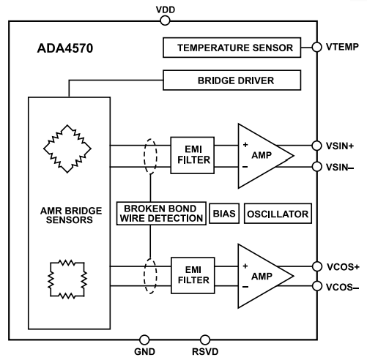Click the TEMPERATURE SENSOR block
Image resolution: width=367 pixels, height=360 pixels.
click(x=229, y=49)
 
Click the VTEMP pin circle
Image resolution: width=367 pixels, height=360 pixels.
click(x=316, y=48)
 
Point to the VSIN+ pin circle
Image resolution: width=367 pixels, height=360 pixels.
click(x=316, y=146)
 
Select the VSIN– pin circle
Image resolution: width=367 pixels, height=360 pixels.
click(x=316, y=167)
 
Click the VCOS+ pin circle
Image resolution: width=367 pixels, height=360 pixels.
click(x=316, y=266)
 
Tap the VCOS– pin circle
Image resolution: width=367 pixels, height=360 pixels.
click(x=316, y=286)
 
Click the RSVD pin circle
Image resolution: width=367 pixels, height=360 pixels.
click(x=205, y=340)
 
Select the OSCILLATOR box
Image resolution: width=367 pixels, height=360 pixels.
click(x=277, y=214)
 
